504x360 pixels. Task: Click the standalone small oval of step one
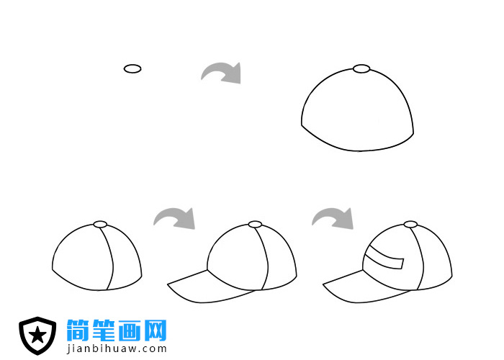[x=132, y=68]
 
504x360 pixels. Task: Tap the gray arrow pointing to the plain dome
[x=222, y=72]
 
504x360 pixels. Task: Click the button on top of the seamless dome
[x=361, y=69]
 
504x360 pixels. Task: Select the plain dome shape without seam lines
[x=358, y=112]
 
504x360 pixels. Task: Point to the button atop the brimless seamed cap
[x=101, y=224]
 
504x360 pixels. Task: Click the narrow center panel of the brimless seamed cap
[x=108, y=259]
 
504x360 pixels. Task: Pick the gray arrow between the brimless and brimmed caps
[x=175, y=217]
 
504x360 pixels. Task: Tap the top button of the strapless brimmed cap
[x=255, y=224]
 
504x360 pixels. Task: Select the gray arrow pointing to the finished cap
[x=333, y=217]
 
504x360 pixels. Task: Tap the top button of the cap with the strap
[x=410, y=224]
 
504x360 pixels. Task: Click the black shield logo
[x=37, y=336]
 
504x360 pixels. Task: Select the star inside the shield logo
[x=37, y=335]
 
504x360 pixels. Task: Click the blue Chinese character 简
[x=78, y=330]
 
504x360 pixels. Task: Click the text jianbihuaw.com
[x=117, y=349]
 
